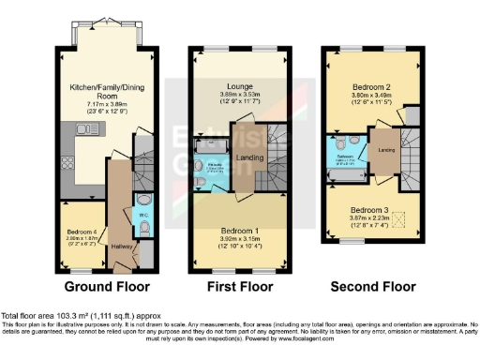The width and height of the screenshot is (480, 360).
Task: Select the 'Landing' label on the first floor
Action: pyautogui.click(x=248, y=157)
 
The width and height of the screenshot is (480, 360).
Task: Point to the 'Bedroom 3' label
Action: pyautogui.click(x=368, y=211)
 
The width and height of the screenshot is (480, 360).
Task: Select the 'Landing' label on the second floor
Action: pyautogui.click(x=385, y=149)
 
